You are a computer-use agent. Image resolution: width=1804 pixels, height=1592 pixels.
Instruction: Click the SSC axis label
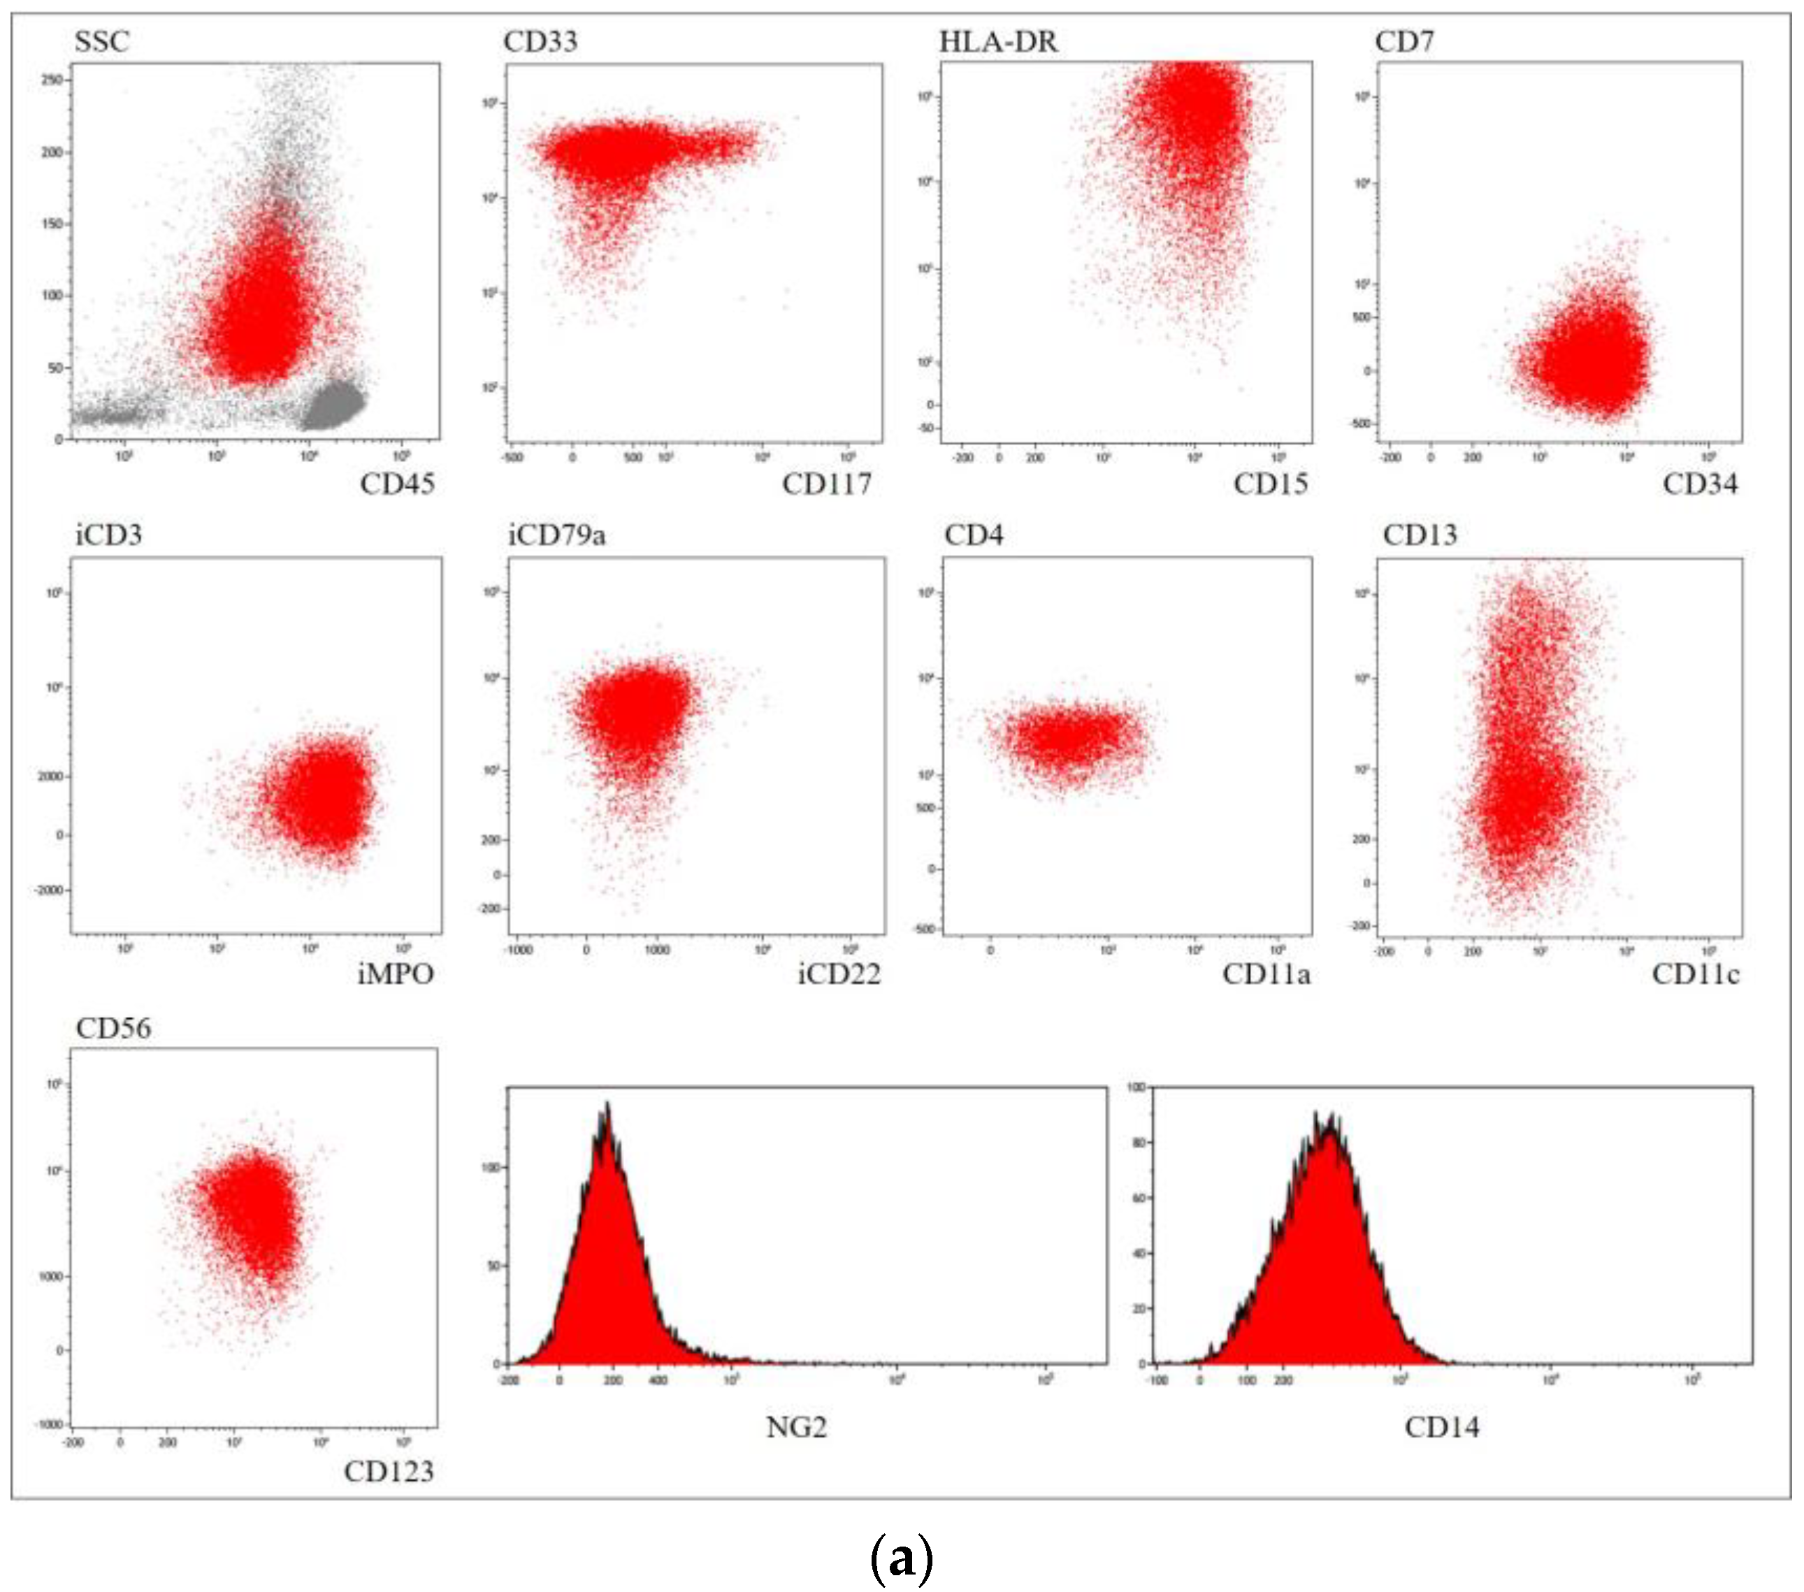[x=101, y=41]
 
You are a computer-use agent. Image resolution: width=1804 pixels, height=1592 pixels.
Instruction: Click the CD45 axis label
[x=397, y=484]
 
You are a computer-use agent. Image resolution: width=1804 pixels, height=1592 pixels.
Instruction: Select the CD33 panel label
[x=540, y=41]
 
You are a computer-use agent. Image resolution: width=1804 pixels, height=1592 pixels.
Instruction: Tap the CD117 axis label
[x=826, y=484]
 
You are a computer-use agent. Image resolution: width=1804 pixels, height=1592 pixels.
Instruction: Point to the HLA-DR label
[x=997, y=41]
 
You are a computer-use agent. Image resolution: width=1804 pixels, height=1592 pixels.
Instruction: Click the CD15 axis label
[x=1270, y=484]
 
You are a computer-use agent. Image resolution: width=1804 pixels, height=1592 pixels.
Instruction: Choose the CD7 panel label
[x=1404, y=41]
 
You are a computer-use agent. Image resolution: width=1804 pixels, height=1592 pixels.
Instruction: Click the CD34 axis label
[x=1700, y=484]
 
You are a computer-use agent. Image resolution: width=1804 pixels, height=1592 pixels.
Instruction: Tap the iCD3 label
[x=108, y=535]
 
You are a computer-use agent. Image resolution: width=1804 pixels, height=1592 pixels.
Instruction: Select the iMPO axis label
[x=396, y=974]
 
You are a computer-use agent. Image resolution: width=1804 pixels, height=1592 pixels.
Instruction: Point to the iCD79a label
[x=557, y=535]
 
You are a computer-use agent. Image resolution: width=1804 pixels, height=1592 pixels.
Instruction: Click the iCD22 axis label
[x=839, y=974]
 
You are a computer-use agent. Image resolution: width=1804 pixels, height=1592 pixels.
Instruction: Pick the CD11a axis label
[x=1267, y=974]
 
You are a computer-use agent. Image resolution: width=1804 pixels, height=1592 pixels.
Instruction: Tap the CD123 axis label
[x=389, y=1472]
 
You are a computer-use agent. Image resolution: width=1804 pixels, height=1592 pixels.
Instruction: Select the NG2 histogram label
[x=796, y=1428]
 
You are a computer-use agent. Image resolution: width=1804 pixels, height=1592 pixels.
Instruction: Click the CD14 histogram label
[x=1441, y=1428]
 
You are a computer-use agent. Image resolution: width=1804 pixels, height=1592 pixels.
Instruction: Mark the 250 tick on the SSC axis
[x=52, y=80]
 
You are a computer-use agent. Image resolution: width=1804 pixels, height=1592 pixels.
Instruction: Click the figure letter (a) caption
[x=901, y=1559]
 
